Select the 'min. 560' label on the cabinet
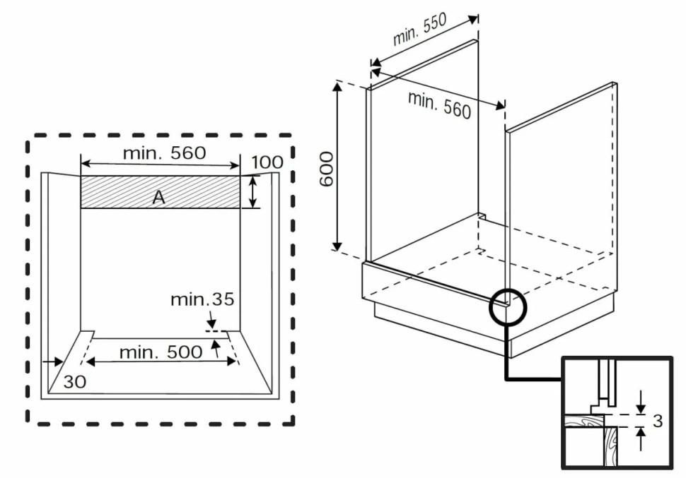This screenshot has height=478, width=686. coord(439,105)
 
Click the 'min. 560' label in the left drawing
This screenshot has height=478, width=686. coord(163,153)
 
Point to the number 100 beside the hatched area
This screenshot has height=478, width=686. coord(267,162)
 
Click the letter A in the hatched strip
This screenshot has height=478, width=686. coord(159,198)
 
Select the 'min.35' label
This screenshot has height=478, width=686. coord(202,299)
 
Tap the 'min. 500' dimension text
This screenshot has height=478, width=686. coord(160,352)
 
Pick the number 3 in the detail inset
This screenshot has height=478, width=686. coord(658,421)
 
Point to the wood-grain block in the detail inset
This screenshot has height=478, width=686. coord(610,445)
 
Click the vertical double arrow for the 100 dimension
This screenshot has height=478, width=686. coord(252,192)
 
